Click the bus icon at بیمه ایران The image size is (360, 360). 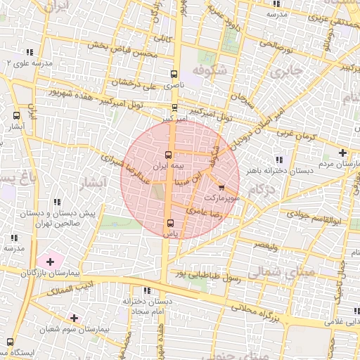[x=167, y=155]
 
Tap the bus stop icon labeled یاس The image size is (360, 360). [x=169, y=223]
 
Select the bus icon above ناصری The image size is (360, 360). [x=174, y=74]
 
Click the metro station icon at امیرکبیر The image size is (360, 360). [x=174, y=108]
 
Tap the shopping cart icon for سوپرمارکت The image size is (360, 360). [x=222, y=188]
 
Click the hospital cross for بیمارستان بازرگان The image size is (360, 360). [x=50, y=262]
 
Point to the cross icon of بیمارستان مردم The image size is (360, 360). [x=342, y=153]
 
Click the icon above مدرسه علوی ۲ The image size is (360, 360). [x=30, y=52]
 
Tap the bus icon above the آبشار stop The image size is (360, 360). [x=16, y=115]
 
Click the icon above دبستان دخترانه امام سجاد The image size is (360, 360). [x=146, y=290]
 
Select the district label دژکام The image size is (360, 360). [x=262, y=188]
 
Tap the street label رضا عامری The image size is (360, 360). [x=205, y=208]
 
